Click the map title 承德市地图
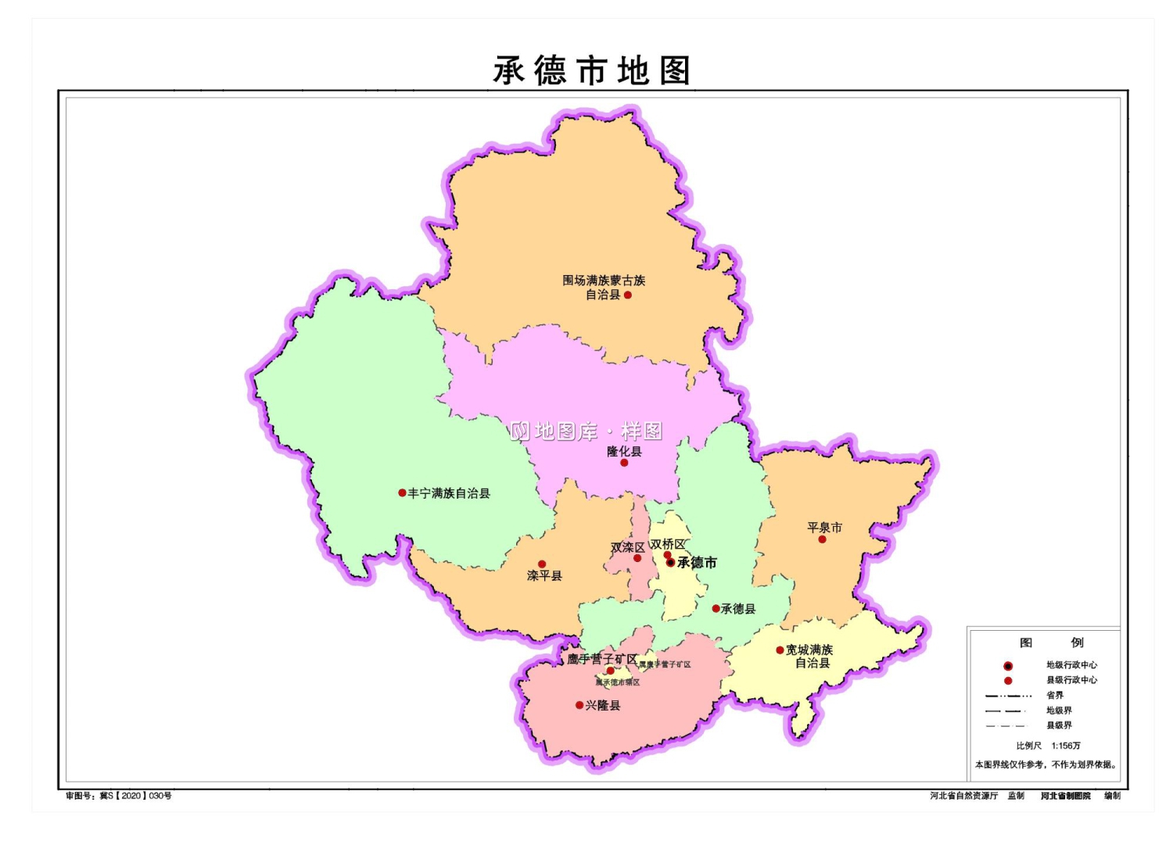[591, 71]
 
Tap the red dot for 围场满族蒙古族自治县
[627, 295]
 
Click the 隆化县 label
[624, 451]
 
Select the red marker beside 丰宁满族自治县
[402, 493]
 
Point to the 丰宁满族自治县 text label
[449, 493]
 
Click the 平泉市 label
[824, 528]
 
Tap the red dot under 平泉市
[822, 539]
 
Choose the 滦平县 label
[544, 576]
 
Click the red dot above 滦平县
[542, 564]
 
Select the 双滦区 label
[627, 547]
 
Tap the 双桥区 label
[668, 544]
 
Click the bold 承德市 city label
[697, 563]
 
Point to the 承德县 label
[738, 609]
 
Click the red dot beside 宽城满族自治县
[780, 650]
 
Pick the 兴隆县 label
[603, 706]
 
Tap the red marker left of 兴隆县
[579, 705]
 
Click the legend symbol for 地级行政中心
[1008, 666]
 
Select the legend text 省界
[1055, 695]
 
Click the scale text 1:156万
[1066, 746]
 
